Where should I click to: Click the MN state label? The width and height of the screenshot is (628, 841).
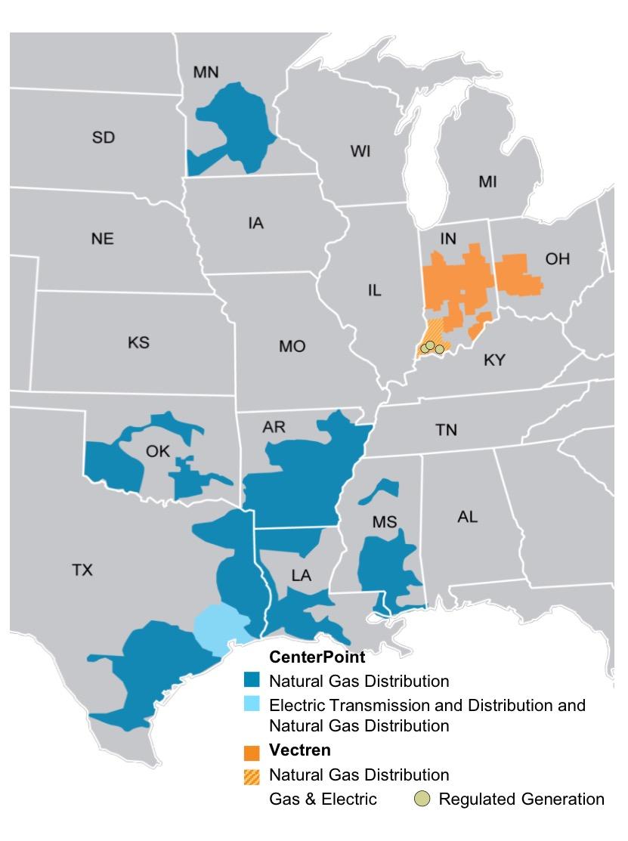(x=206, y=73)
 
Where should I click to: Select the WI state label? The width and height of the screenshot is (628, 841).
(x=360, y=152)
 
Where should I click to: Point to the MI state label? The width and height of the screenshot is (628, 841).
(x=488, y=182)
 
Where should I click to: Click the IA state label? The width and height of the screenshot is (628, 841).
(x=255, y=224)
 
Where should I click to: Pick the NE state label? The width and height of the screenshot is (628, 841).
(x=102, y=239)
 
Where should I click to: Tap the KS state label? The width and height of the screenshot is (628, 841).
(x=138, y=342)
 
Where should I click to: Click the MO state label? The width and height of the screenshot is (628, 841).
(x=292, y=346)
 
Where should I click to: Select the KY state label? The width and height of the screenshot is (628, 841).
(x=493, y=360)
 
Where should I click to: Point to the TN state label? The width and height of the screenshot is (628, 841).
(x=446, y=430)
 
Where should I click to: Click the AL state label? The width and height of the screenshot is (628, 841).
(x=468, y=517)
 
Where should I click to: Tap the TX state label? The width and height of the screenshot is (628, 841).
(x=82, y=570)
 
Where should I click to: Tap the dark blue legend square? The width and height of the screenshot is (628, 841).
(x=252, y=681)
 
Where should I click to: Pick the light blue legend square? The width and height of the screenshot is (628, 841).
(x=252, y=706)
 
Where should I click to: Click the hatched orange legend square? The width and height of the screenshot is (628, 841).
(x=252, y=775)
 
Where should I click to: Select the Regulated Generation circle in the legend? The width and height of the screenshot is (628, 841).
(x=421, y=799)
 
